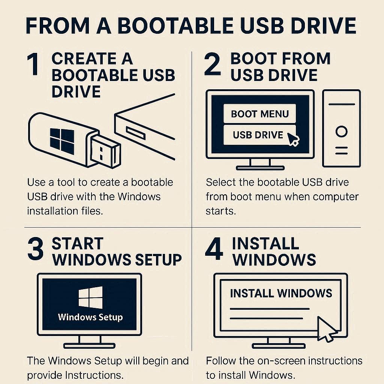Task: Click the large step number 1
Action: (x=33, y=64)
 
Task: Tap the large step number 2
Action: (x=213, y=64)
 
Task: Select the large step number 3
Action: (x=36, y=249)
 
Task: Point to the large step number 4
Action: (x=214, y=249)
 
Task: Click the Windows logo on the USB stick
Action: (x=62, y=141)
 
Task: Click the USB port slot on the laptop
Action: (x=136, y=133)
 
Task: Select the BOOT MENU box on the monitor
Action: (x=259, y=114)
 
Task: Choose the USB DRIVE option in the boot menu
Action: (x=259, y=135)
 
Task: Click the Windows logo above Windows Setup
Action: (x=91, y=297)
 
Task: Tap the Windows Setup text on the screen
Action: (x=90, y=317)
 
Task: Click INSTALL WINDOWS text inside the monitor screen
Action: (x=281, y=293)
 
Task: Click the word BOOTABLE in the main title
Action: (x=175, y=25)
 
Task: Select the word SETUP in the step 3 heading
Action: (x=159, y=259)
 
